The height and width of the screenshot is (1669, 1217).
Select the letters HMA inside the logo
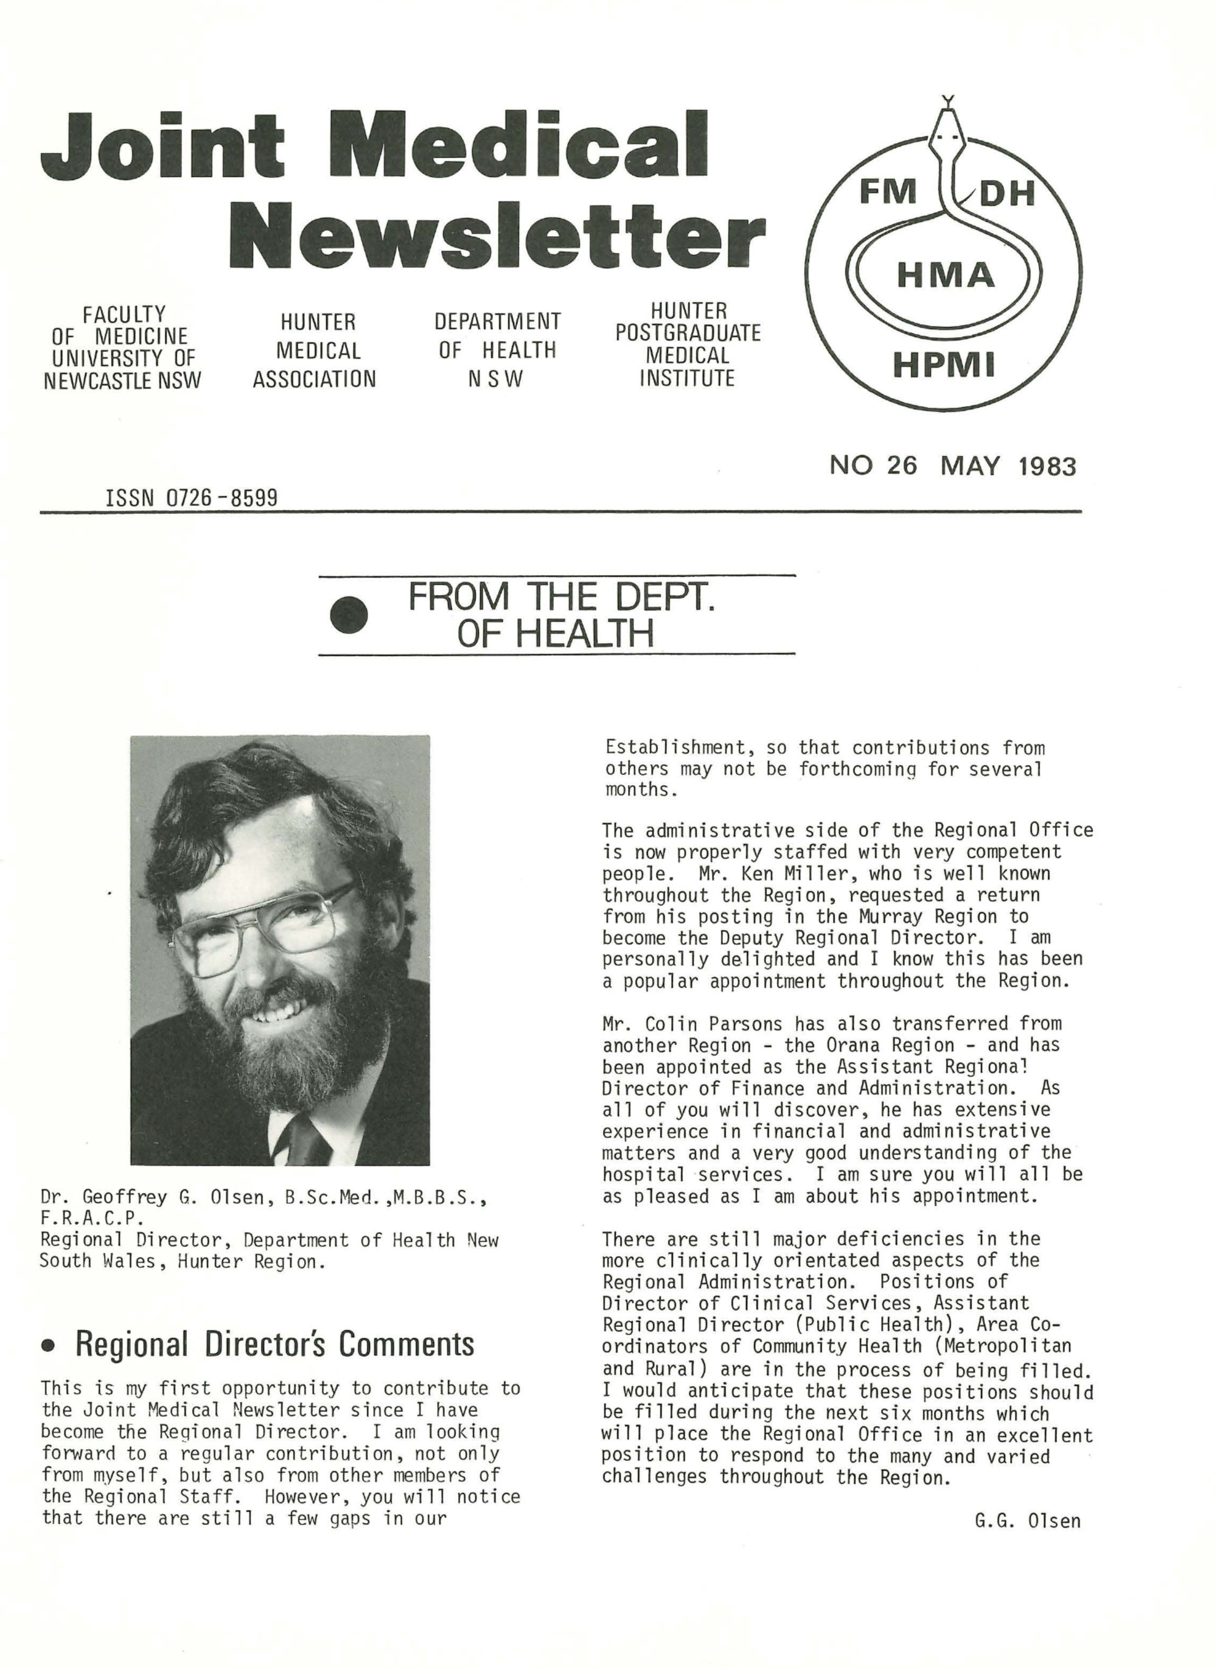tap(945, 276)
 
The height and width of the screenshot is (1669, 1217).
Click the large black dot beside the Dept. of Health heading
tap(349, 615)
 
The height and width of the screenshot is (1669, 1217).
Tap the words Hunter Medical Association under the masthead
tap(315, 351)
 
